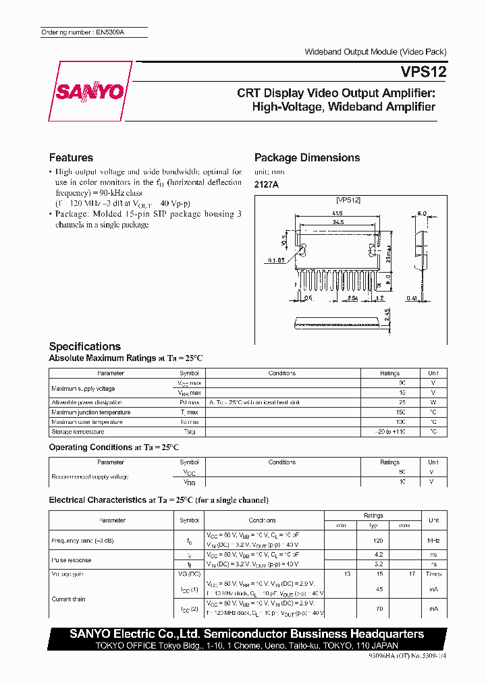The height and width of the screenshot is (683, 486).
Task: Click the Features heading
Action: click(71, 158)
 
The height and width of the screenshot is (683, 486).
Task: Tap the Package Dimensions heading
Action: click(307, 158)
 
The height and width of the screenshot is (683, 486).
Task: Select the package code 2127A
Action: click(266, 185)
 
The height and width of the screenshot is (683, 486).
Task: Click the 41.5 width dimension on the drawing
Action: click(335, 213)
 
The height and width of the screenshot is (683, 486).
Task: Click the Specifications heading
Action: click(85, 346)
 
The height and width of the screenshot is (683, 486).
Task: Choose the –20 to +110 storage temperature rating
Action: click(389, 432)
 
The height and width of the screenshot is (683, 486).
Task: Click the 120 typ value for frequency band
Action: click(378, 541)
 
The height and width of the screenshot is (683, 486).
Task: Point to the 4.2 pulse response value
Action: click(379, 553)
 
